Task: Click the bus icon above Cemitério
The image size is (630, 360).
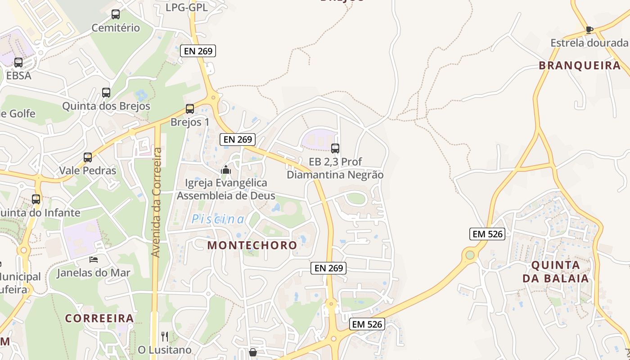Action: click(116, 14)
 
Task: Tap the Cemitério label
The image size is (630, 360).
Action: click(116, 28)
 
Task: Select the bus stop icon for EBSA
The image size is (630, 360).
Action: click(18, 63)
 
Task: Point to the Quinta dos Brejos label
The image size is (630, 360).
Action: click(106, 107)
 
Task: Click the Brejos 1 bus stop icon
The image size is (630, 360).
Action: click(190, 109)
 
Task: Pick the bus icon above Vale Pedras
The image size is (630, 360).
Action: click(88, 157)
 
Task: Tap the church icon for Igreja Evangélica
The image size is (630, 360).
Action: click(226, 170)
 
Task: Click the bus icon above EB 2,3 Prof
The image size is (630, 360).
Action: click(335, 148)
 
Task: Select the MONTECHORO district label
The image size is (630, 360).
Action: click(252, 245)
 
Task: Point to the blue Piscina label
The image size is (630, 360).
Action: click(218, 220)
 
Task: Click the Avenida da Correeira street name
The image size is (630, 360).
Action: click(156, 202)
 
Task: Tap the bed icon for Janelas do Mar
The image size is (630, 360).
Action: click(94, 259)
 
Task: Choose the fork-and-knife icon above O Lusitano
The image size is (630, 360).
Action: click(165, 336)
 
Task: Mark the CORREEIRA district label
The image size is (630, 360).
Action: click(99, 318)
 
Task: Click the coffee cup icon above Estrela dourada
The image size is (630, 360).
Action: click(589, 30)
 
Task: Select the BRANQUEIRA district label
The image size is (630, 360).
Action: click(580, 66)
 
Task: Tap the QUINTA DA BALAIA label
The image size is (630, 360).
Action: click(556, 271)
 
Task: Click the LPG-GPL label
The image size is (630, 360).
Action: click(187, 7)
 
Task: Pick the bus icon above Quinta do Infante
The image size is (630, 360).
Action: click(36, 199)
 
